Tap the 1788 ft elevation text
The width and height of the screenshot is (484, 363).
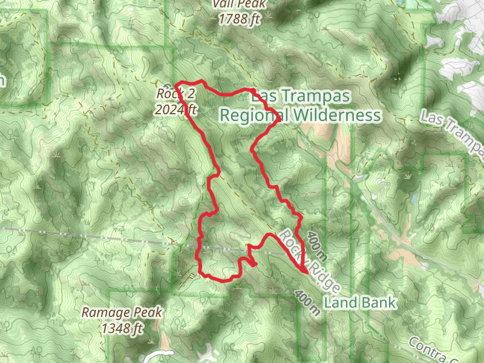tap(240, 19)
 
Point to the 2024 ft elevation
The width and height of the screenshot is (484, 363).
tap(175, 110)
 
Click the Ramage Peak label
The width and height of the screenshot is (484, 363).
tap(122, 313)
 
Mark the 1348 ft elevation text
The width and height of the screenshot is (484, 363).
tap(122, 329)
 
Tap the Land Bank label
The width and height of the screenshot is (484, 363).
tap(360, 302)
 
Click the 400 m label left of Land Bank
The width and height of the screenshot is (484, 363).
tap(307, 302)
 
